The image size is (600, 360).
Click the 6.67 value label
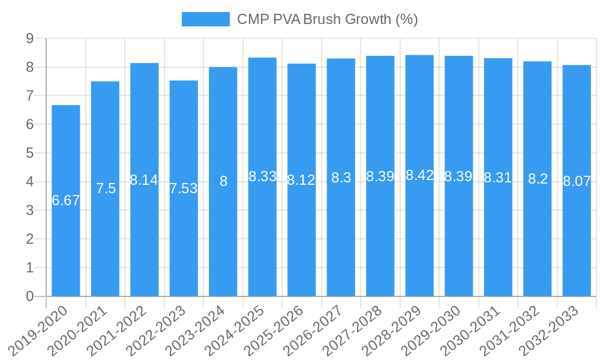(66, 200)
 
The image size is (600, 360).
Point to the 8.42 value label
(419, 175)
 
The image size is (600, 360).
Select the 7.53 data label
(184, 188)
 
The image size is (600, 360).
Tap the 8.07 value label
(577, 181)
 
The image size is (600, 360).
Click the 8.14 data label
(144, 179)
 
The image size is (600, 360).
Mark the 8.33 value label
(262, 176)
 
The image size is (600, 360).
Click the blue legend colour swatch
(206, 19)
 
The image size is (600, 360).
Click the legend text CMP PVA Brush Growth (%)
(327, 19)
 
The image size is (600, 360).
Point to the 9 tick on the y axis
(29, 38)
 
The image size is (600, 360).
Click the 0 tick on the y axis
(29, 296)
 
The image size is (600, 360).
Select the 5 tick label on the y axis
(29, 153)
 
